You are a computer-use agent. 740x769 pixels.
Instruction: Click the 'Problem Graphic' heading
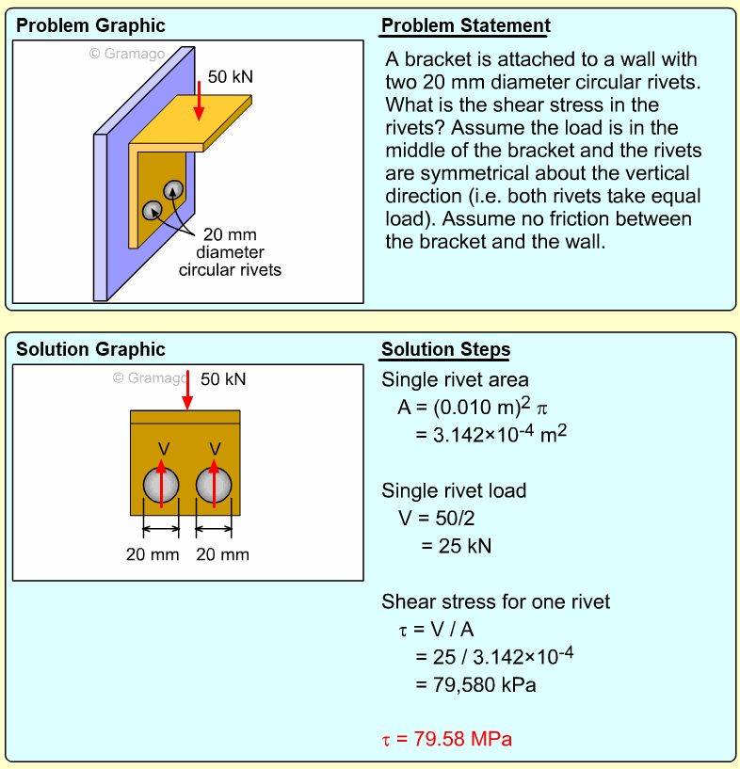click(x=90, y=25)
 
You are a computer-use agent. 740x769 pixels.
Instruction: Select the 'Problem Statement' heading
click(x=465, y=25)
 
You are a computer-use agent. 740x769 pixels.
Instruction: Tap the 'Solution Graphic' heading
click(x=90, y=349)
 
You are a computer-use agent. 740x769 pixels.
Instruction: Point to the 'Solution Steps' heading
click(x=445, y=350)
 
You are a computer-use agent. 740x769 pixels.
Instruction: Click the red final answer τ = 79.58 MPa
click(x=447, y=738)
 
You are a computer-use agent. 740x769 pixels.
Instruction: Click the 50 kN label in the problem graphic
click(x=230, y=76)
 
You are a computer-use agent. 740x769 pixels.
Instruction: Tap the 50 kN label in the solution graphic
click(x=223, y=378)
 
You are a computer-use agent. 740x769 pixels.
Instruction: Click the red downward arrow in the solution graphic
click(x=187, y=391)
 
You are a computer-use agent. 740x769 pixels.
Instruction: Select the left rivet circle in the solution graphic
click(x=161, y=486)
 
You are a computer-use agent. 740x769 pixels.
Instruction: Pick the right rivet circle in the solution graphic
click(x=214, y=486)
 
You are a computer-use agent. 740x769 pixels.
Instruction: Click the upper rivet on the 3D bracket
click(x=174, y=191)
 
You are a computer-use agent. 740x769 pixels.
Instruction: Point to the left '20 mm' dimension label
click(x=153, y=554)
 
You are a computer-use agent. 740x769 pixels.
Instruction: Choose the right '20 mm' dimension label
click(x=222, y=554)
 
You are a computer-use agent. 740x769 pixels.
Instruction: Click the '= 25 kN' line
click(x=456, y=546)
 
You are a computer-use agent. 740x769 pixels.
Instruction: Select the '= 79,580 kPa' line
click(x=475, y=684)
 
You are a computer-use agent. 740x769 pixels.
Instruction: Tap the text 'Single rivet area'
click(x=455, y=380)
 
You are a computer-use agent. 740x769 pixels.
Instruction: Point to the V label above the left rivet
click(x=163, y=448)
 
